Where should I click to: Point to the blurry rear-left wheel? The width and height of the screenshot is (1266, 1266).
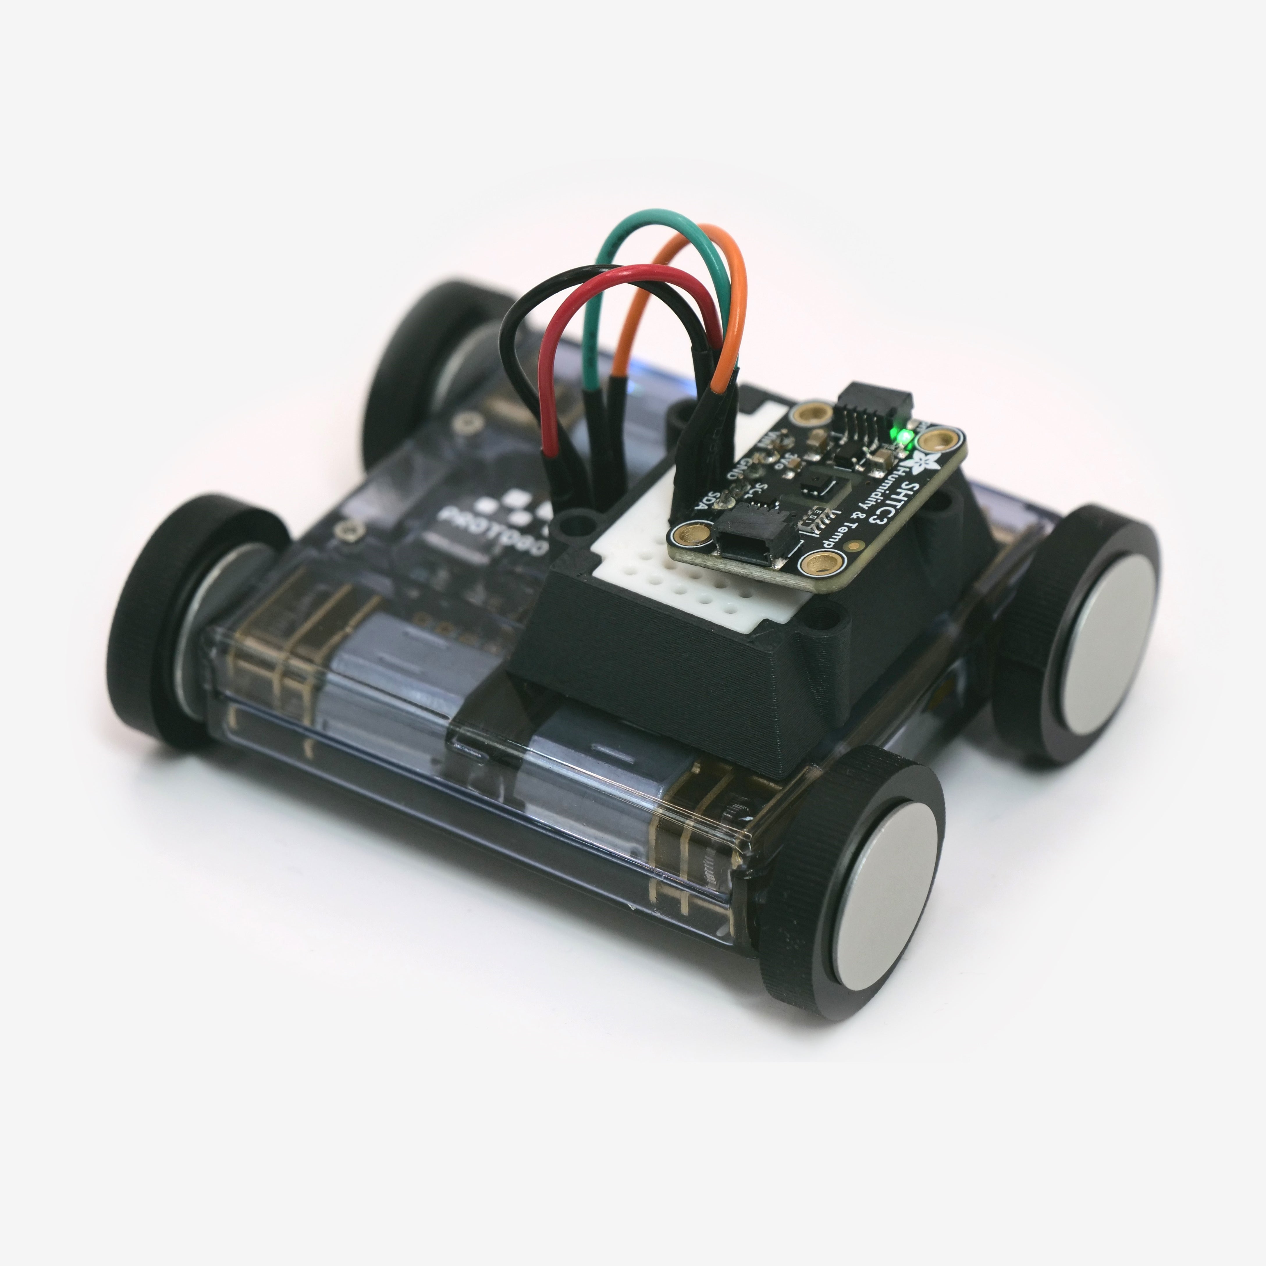419,367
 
